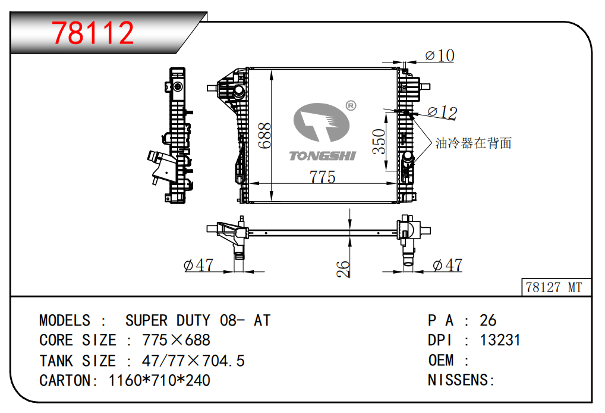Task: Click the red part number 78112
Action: tap(93, 33)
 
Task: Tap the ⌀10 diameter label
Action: tap(440, 56)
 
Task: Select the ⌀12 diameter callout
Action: tap(443, 112)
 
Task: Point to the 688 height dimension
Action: tap(264, 136)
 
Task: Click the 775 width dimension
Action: tap(322, 177)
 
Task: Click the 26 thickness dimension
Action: tap(344, 269)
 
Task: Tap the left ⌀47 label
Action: tap(198, 265)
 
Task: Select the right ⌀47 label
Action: tap(448, 265)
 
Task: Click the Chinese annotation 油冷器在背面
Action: tap(473, 143)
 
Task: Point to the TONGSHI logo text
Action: tap(322, 156)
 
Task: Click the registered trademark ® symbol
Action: tap(351, 106)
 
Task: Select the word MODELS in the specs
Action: tap(65, 321)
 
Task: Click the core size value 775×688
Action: tap(176, 340)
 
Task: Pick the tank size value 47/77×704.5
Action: tap(193, 361)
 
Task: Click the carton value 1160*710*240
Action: tap(159, 380)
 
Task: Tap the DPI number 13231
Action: tap(500, 340)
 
